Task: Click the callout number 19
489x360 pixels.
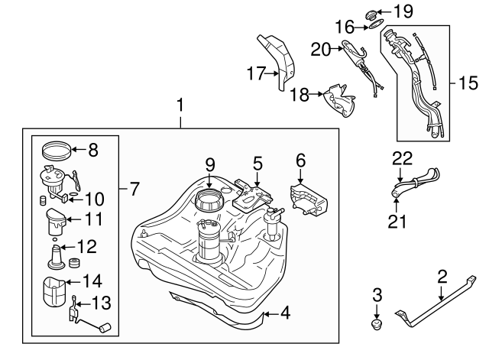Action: pos(403,11)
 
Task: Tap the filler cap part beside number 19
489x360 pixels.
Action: pos(371,15)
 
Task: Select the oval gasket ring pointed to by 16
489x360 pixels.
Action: pos(376,24)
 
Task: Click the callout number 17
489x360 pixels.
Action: pos(256,73)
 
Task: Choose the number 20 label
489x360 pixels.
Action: pos(321,49)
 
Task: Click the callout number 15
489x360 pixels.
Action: pos(468,83)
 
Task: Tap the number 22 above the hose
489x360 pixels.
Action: pos(403,158)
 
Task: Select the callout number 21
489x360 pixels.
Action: pos(397,221)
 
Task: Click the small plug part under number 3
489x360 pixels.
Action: pos(377,324)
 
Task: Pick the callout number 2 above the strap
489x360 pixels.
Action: pos(442,277)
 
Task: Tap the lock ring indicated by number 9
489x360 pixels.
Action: pos(209,200)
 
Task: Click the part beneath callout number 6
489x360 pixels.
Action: pos(309,199)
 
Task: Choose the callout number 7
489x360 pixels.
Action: pos(134,189)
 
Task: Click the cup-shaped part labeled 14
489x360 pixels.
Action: pos(54,291)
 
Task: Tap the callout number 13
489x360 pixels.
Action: pos(102,303)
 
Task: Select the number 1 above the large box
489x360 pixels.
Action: pos(180,105)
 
